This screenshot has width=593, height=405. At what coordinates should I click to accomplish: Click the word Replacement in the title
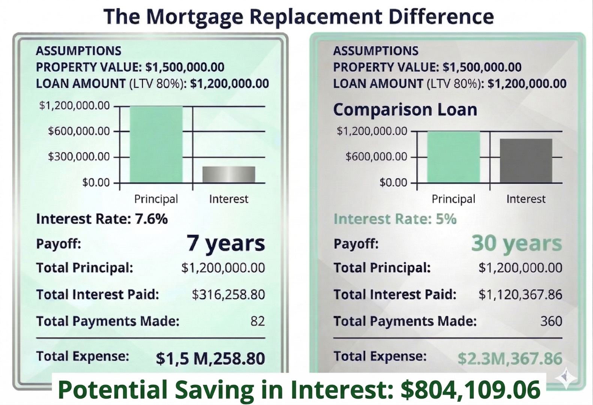point(316,16)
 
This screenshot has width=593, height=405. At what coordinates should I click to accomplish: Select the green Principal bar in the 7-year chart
point(156,144)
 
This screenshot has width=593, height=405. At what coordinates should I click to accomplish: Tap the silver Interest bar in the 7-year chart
point(228,174)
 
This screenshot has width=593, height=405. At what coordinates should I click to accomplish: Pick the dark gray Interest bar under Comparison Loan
point(526,160)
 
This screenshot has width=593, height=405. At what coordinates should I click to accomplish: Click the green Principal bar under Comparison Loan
point(453,157)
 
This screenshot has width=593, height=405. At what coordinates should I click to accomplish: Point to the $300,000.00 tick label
point(78,156)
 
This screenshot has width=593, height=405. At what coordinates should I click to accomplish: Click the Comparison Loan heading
point(405,109)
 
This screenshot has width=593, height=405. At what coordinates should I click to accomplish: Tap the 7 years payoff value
point(226,243)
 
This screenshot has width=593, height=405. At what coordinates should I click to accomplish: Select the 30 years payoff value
point(516,243)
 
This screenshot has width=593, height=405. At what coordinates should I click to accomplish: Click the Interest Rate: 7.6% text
point(102,219)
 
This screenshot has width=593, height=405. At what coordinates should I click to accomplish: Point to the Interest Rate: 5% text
point(395,219)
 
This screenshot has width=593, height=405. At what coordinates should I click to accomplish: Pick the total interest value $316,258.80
point(228,295)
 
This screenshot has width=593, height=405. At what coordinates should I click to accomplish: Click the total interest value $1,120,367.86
point(520,295)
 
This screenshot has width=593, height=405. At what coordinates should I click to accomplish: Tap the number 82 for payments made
point(257,321)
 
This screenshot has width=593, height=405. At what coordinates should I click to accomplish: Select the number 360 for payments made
point(551,321)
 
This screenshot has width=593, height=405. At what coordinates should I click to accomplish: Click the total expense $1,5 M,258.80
point(210,358)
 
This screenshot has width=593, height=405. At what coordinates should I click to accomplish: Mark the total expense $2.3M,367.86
point(510,358)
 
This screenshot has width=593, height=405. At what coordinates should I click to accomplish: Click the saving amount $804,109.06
point(470,389)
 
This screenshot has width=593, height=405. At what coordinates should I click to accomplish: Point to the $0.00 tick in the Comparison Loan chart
point(393,183)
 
